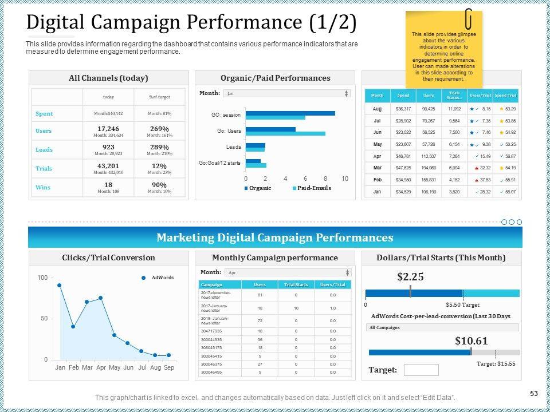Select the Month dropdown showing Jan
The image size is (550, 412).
pos(286,93)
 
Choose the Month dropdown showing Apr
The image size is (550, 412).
pos(286,272)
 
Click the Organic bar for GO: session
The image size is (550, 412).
pos(290,113)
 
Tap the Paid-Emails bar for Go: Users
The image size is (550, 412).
pos(285,134)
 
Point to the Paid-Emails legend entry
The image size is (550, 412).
pos(311,188)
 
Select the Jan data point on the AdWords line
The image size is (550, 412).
pos(60,285)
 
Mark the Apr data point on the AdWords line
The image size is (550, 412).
pos(101,298)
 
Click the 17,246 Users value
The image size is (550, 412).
pos(108,129)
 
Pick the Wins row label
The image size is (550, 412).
pos(43,187)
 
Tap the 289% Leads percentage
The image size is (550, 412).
pos(159,147)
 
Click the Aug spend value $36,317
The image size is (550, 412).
pos(404,108)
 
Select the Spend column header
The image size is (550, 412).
pos(404,95)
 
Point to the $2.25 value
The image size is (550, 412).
pos(410,277)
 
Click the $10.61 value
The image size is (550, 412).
pos(471,341)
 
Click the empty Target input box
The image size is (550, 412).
pos(421,370)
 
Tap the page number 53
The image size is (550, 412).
pos(534,393)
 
